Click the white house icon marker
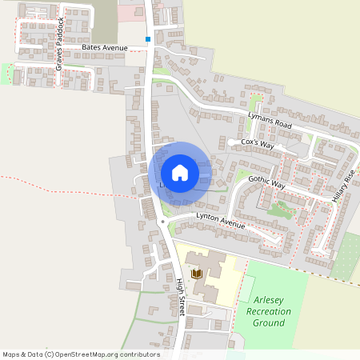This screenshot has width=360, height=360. click(180, 172)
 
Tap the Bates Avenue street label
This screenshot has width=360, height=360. click(105, 49)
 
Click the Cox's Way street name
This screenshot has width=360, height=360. click(257, 144)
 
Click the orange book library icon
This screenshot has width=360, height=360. click(194, 273)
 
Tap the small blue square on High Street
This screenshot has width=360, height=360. click(148, 38)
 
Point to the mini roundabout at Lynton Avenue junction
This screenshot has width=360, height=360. click(163, 222)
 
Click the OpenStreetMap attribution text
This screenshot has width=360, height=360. click(81, 354)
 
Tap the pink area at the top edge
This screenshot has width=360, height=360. click(128, 11)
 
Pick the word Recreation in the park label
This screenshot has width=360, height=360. click(270, 310)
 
